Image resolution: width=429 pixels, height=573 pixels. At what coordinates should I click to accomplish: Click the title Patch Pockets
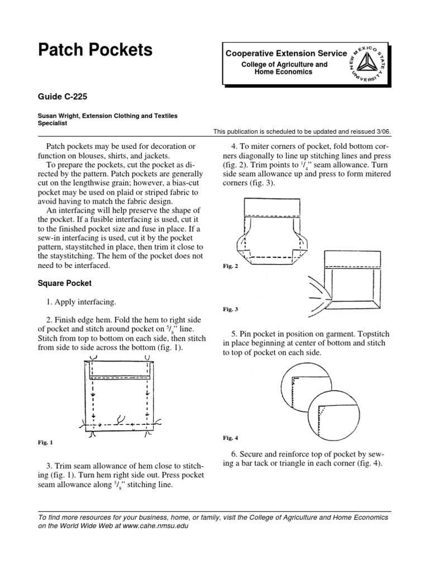(95, 50)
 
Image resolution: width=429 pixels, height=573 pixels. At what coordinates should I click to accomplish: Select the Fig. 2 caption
(230, 266)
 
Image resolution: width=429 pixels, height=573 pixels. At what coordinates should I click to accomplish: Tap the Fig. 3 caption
(230, 309)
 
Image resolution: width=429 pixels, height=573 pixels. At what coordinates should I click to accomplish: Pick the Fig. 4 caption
(230, 436)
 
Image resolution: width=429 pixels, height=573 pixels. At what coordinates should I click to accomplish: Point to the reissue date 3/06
(383, 131)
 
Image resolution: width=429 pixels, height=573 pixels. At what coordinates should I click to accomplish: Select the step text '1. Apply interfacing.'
(82, 302)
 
